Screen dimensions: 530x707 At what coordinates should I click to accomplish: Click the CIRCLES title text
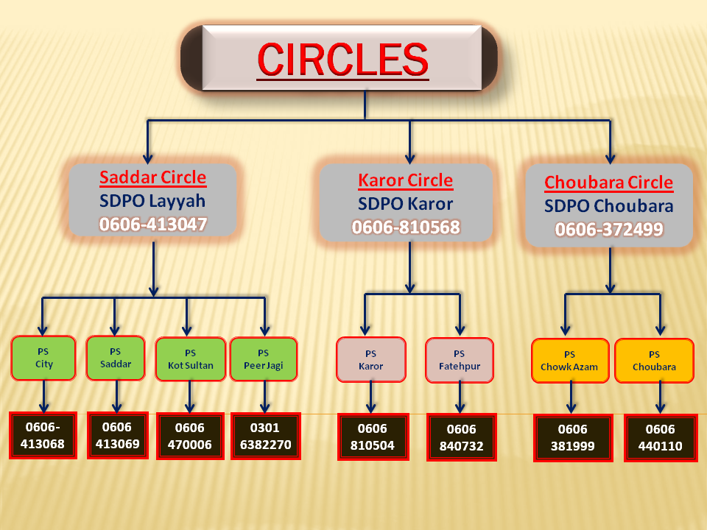[342, 60]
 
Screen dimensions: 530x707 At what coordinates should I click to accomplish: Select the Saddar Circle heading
[152, 177]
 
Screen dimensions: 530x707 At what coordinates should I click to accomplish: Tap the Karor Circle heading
[405, 180]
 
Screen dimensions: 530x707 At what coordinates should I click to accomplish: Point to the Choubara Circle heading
[608, 183]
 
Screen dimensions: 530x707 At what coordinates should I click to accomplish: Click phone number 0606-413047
[152, 225]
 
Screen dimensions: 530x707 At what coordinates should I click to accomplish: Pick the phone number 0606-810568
[405, 227]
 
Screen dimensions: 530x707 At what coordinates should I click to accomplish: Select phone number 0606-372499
[608, 230]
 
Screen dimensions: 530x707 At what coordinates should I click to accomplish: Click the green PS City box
[43, 358]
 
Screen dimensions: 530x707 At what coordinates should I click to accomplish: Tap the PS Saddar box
[116, 358]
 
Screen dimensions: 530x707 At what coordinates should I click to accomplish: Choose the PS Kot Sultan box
[190, 359]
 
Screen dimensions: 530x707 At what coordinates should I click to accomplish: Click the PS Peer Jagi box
[264, 359]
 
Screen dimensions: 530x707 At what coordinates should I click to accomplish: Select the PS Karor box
[370, 360]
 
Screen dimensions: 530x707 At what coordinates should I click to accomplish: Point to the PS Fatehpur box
[459, 360]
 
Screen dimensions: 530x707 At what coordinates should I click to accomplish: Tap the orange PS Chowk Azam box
[569, 361]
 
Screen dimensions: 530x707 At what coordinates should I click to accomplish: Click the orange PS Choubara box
[654, 361]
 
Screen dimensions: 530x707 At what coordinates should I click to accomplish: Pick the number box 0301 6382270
[265, 435]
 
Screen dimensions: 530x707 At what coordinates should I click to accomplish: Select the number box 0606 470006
[190, 435]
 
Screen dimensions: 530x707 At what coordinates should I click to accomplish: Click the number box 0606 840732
[461, 437]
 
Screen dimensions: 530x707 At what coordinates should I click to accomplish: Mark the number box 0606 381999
[572, 439]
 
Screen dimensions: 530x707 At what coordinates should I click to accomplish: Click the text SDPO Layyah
[152, 201]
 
